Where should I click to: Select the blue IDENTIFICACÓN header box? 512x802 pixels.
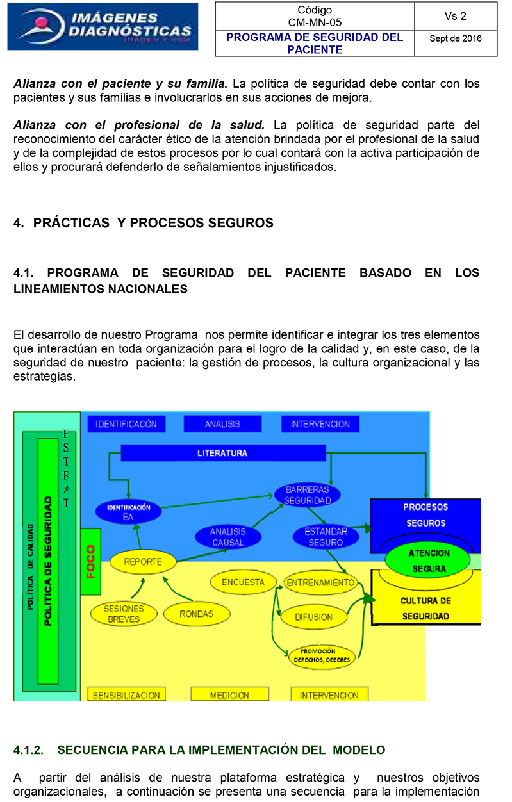(126, 424)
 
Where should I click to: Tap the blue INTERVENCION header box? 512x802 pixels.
(320, 424)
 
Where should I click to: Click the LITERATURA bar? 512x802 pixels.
(222, 453)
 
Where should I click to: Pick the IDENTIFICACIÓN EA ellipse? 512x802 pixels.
(128, 512)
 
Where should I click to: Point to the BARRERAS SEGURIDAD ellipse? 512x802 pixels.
(307, 495)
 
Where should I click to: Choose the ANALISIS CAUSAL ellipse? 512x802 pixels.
(227, 537)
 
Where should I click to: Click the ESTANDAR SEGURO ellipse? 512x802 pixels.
(326, 537)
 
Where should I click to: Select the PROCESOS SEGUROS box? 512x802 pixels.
(425, 516)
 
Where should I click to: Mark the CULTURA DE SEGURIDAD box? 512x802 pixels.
(425, 609)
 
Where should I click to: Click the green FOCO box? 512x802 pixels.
(90, 562)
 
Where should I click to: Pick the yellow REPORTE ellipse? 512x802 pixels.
(142, 562)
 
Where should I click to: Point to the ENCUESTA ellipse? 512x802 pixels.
(243, 582)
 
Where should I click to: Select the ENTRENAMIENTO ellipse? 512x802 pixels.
(320, 582)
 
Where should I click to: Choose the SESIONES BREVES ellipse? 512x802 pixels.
(124, 614)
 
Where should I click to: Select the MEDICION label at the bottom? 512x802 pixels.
(229, 695)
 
